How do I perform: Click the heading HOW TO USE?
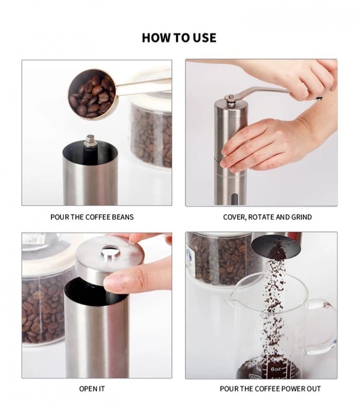[179, 38]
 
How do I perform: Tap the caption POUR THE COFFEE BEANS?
[92, 217]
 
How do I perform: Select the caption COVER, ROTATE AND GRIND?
[267, 217]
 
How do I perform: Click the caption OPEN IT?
[92, 389]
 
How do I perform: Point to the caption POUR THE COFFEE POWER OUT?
[270, 389]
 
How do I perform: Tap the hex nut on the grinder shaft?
[90, 140]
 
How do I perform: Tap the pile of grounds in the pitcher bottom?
[267, 368]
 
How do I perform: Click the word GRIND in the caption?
[301, 217]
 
